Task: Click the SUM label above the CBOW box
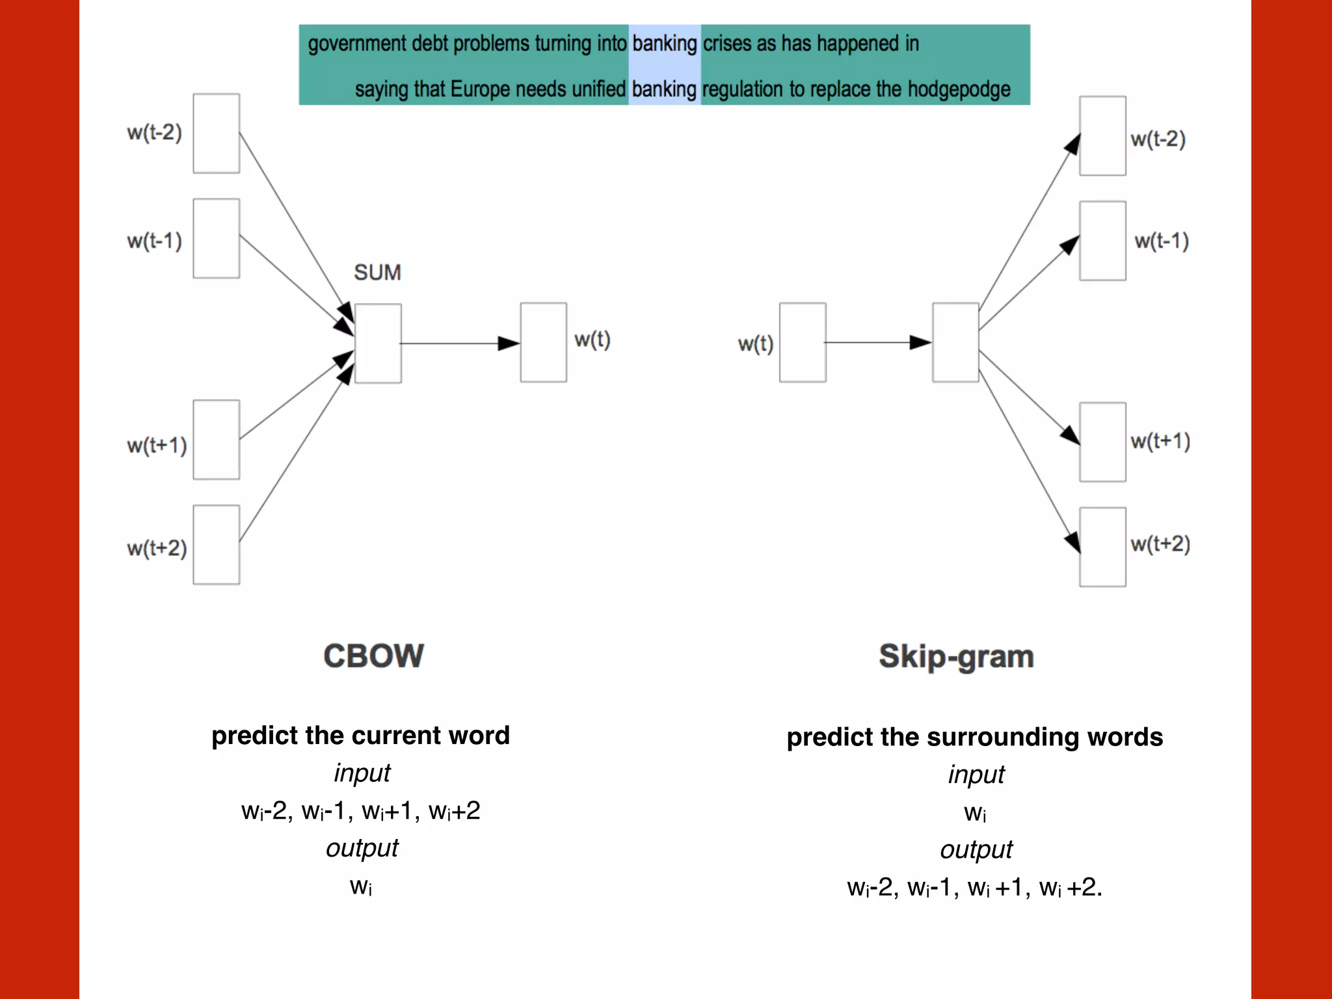point(377,273)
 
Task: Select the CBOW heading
point(373,656)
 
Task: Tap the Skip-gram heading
point(956,656)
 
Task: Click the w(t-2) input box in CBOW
point(217,133)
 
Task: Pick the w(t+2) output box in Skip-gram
point(1102,547)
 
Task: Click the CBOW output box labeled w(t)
point(543,342)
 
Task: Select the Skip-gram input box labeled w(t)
point(803,342)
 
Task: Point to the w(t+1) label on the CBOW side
point(157,446)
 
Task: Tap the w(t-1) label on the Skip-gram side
point(1162,241)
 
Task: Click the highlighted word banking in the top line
point(664,44)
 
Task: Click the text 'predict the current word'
point(360,736)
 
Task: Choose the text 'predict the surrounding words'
point(974,737)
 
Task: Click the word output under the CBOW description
point(362,848)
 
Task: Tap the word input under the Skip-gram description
point(976,775)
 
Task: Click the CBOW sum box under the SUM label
point(378,343)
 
